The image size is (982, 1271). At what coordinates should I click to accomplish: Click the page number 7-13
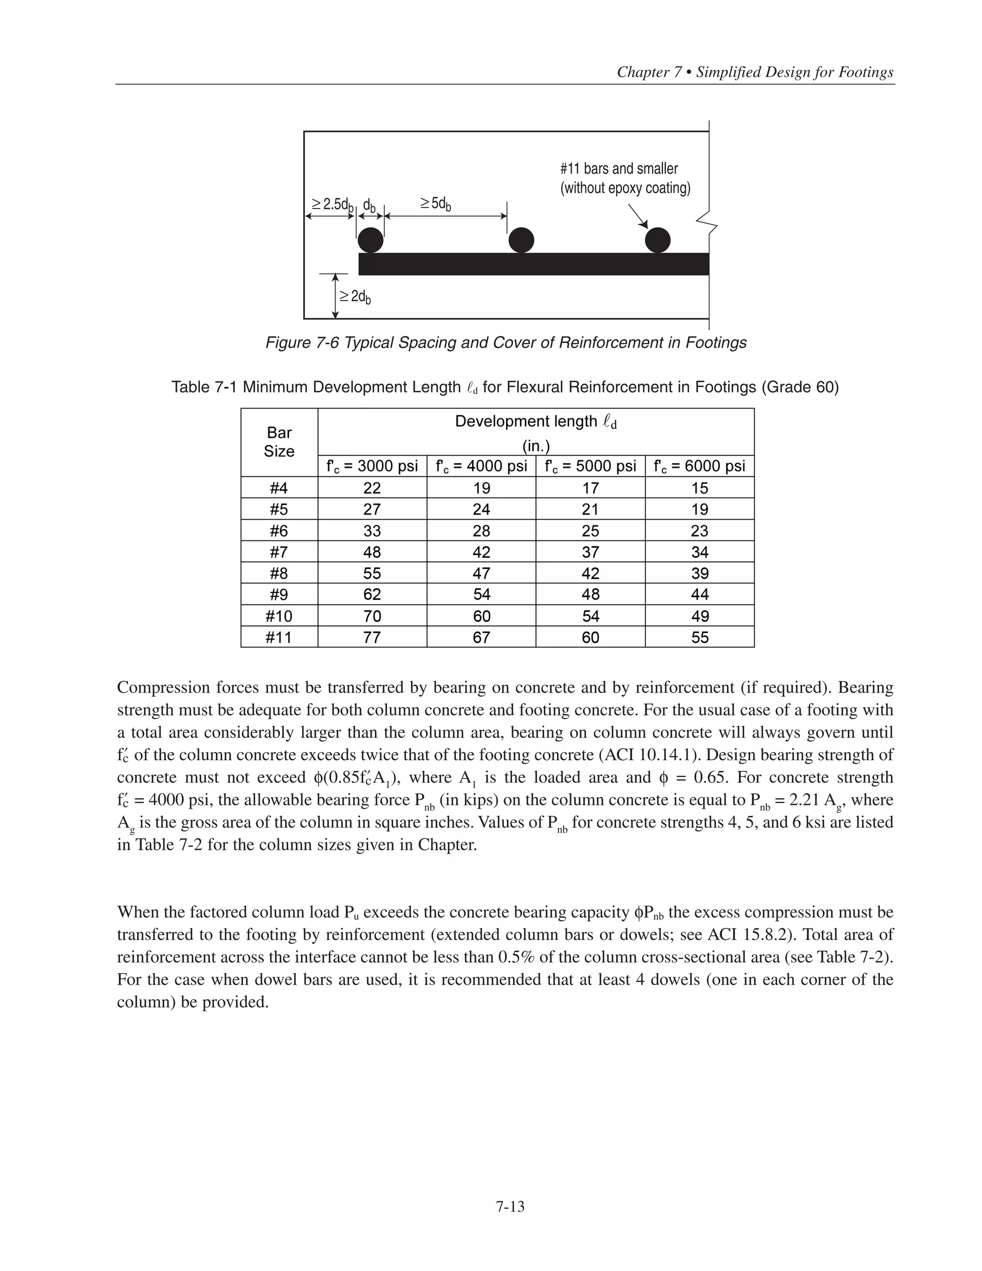click(x=510, y=1206)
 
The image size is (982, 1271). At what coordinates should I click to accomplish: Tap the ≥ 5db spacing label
click(x=436, y=204)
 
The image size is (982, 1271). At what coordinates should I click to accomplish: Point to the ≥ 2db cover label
click(x=355, y=297)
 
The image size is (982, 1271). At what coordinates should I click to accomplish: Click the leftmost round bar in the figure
click(x=370, y=240)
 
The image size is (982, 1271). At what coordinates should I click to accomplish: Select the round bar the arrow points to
click(x=658, y=240)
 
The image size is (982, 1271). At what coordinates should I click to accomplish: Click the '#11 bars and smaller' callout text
click(x=619, y=169)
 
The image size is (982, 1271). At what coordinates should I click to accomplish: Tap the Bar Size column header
click(x=279, y=442)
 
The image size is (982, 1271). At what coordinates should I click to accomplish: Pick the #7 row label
click(x=279, y=552)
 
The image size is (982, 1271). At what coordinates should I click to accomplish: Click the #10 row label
click(x=279, y=616)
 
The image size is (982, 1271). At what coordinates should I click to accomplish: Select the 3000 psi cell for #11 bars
click(x=372, y=637)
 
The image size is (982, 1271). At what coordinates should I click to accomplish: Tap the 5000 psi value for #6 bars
click(x=590, y=531)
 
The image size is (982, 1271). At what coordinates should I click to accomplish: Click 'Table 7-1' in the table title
click(x=204, y=387)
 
